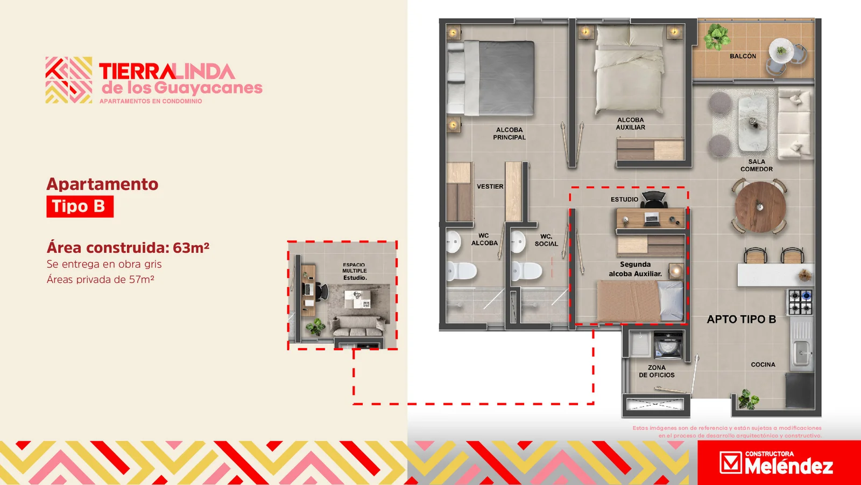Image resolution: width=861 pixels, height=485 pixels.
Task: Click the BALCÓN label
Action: coord(743,56)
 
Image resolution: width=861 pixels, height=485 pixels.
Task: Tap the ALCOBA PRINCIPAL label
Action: coord(509,134)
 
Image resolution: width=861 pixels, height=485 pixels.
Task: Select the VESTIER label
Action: coord(490,186)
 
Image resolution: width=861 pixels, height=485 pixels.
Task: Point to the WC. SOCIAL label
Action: coord(546,240)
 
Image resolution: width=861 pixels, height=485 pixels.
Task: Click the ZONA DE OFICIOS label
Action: coord(657,371)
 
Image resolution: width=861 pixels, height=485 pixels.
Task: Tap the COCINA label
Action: coord(763,364)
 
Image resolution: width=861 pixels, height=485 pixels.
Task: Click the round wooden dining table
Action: coord(760,207)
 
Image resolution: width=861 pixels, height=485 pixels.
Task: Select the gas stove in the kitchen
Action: coord(800,302)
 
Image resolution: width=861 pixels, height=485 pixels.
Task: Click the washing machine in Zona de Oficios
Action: coord(668,345)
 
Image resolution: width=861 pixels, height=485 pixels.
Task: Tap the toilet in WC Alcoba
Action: coord(462,271)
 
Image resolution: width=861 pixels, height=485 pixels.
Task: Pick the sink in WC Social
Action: coord(518,242)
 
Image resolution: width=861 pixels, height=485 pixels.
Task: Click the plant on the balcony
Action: coord(716,37)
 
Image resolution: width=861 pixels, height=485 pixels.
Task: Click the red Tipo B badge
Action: coord(80,207)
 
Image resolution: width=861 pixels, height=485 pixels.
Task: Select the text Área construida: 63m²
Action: coord(128,247)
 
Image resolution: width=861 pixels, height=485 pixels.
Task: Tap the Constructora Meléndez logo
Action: coord(776,463)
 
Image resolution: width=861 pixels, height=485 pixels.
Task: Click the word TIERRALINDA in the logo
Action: coord(167,72)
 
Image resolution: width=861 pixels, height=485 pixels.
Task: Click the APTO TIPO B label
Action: coord(742,319)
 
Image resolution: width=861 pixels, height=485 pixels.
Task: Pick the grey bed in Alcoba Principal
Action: coord(491,79)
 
